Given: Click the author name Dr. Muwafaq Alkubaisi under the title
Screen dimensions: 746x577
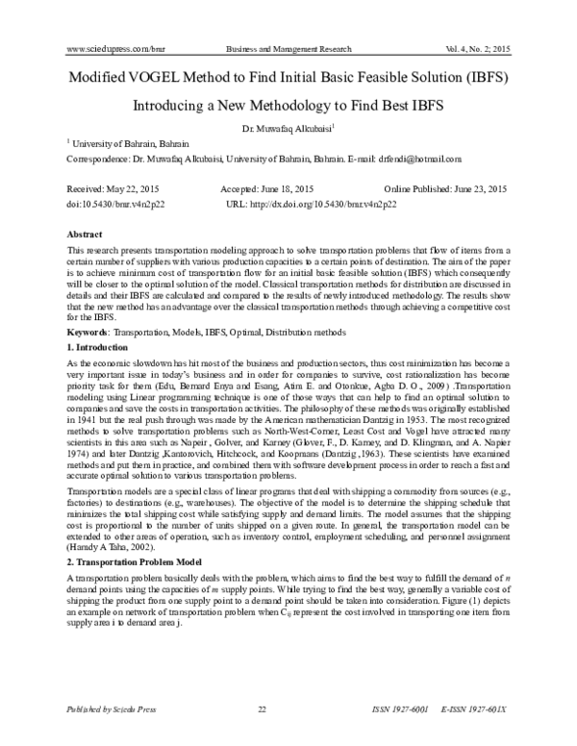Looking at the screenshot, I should click(x=287, y=128).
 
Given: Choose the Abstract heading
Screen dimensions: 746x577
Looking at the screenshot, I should click(x=85, y=235).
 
